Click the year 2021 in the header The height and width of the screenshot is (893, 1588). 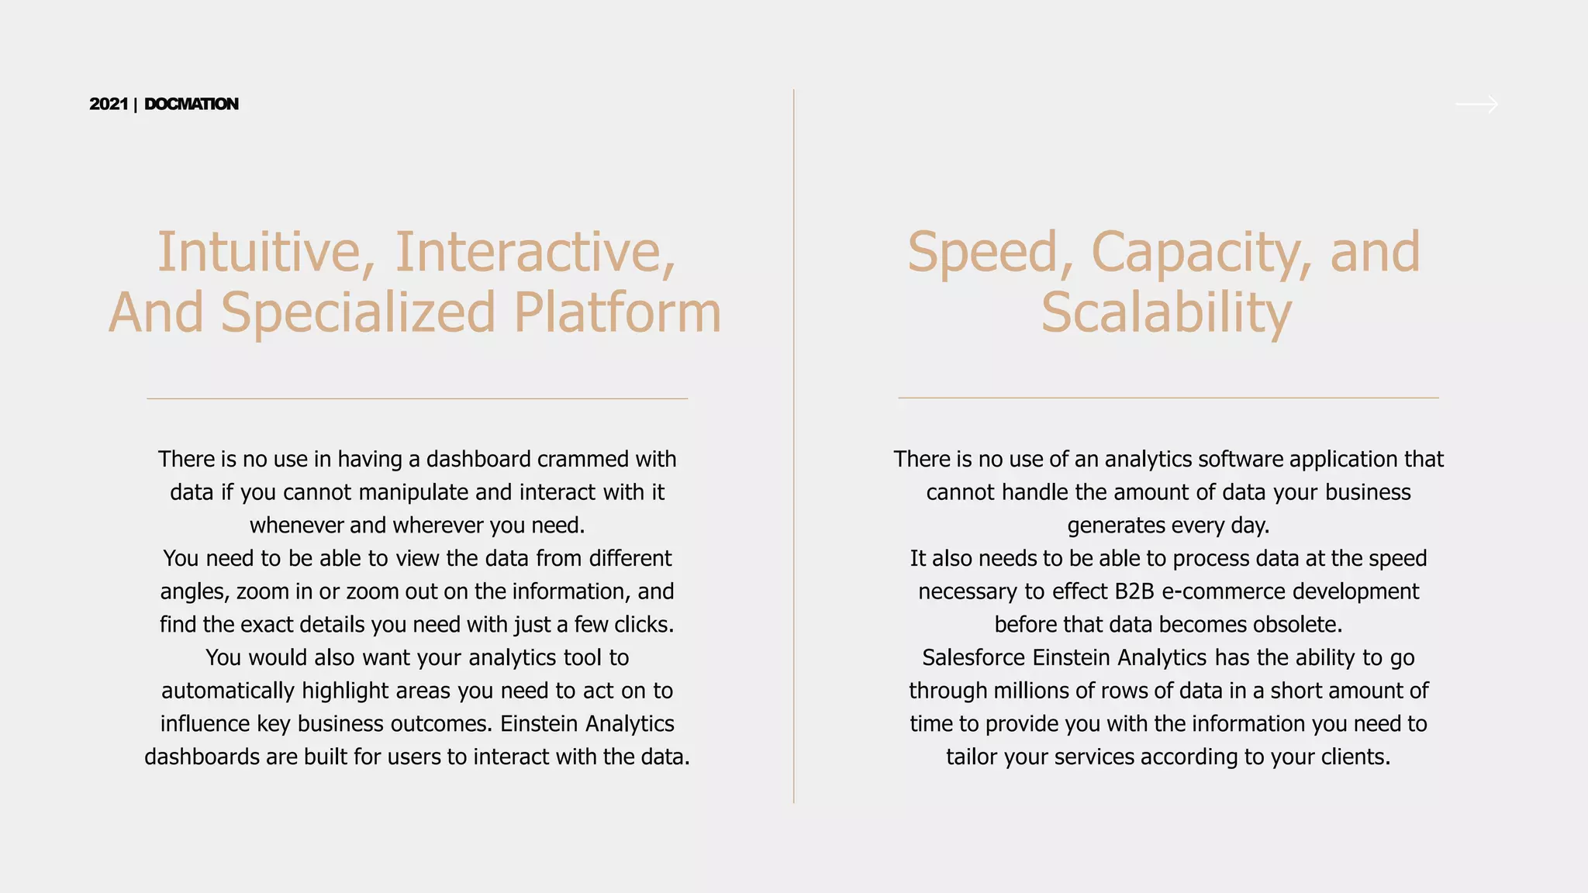[109, 104]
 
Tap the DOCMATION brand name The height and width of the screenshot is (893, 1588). [192, 104]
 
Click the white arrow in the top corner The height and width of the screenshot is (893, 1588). [1476, 104]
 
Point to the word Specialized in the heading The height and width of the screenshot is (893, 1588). [357, 312]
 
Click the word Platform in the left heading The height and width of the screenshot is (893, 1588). [617, 312]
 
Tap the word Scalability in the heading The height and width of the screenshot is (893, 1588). [1166, 312]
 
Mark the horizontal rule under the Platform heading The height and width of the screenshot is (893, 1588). [417, 398]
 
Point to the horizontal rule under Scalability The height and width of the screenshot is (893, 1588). [1168, 398]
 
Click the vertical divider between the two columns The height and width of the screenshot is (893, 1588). [794, 446]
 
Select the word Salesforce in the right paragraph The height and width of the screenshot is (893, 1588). [973, 657]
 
